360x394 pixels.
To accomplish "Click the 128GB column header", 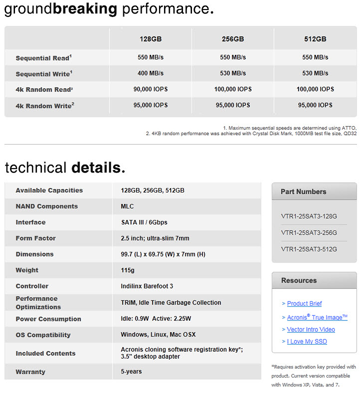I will point(150,39).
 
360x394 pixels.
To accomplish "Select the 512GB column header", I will point(315,39).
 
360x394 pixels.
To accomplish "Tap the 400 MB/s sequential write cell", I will point(150,73).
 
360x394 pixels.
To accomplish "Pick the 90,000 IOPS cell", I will point(150,89).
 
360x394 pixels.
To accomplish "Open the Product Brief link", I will point(304,303).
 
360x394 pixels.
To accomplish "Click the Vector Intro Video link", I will point(310,329).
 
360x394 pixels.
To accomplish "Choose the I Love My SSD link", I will point(306,341).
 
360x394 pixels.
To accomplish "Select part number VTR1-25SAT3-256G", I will point(309,232).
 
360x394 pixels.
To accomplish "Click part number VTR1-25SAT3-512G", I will point(309,248).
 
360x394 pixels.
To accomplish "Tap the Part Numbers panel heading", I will point(303,191).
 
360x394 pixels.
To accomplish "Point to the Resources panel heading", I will point(299,280).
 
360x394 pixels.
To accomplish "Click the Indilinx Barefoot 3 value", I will point(147,286).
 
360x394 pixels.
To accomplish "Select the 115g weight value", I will point(127,270).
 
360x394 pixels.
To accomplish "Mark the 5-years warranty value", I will point(131,371).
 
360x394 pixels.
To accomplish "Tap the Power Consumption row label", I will point(48,319).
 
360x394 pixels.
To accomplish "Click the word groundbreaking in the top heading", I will point(60,8).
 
